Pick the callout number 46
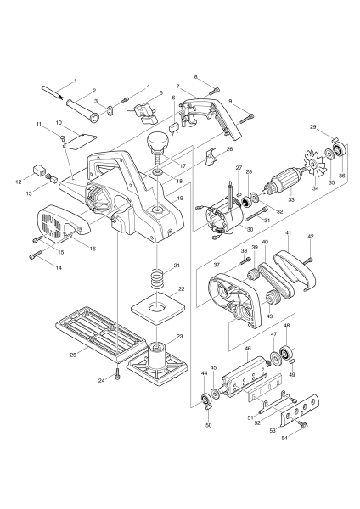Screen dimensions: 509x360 (248, 349)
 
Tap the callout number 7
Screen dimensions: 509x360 (177, 87)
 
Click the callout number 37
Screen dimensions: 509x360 (216, 266)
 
